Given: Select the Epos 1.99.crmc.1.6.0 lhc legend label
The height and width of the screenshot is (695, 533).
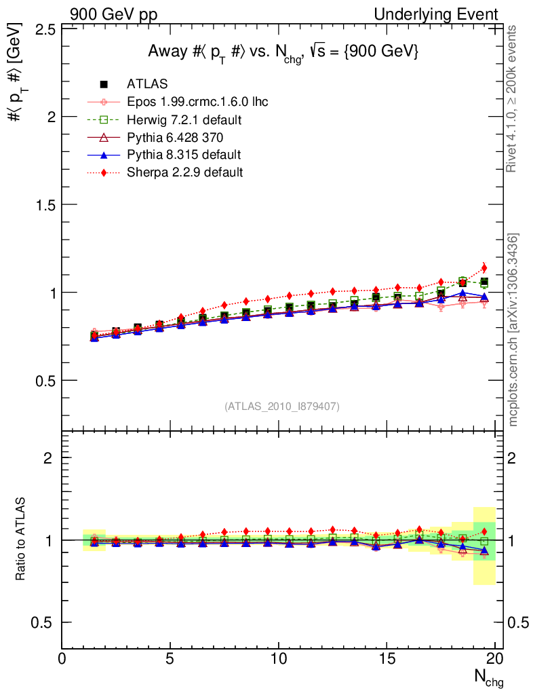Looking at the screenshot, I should [197, 102].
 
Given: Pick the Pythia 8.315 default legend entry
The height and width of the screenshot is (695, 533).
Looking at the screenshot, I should [184, 155].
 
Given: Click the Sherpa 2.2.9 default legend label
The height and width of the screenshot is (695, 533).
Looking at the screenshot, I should [184, 172].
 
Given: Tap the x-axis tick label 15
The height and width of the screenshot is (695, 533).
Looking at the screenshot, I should [387, 660].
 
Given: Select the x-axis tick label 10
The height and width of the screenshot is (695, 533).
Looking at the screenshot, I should [279, 660].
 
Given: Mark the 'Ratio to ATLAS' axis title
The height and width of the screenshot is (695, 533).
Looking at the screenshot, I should [22, 540].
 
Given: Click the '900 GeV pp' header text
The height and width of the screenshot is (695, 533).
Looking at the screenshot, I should [113, 14].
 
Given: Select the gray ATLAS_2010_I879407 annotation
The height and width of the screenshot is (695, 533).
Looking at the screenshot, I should [282, 407].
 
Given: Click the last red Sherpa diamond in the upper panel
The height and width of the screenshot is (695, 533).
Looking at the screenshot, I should [484, 267].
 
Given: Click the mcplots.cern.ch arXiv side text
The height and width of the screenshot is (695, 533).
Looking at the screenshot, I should [514, 330].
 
